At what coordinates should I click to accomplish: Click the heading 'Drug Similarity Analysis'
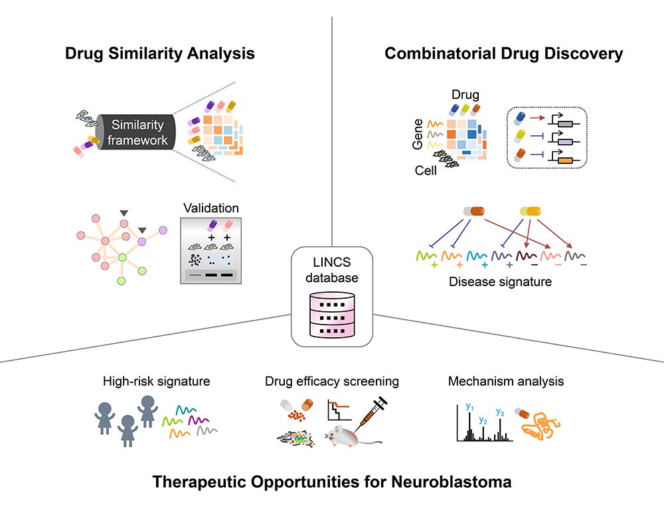160,54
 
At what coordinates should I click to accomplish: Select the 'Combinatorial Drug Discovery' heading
504,54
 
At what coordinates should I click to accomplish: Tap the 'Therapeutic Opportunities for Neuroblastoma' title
332,481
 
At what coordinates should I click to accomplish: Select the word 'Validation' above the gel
210,208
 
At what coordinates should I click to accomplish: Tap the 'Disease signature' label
500,281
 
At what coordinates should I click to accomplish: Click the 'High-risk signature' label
157,381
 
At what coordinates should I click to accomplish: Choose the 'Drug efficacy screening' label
332,381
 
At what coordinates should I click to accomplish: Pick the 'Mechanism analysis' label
506,381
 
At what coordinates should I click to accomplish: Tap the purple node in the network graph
141,242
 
